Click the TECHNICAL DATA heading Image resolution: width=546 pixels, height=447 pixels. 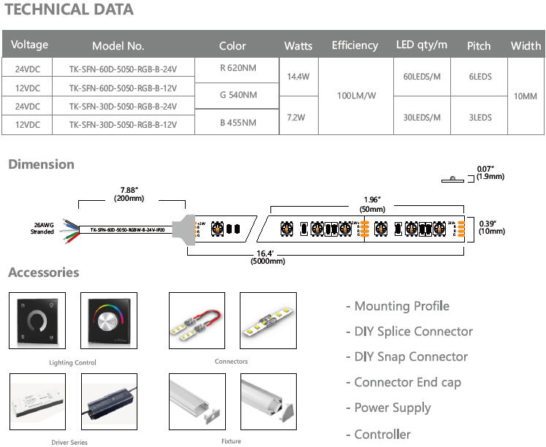pyautogui.click(x=69, y=10)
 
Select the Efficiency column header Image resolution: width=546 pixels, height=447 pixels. pyautogui.click(x=354, y=45)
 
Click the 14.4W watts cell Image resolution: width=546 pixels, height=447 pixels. pyautogui.click(x=298, y=77)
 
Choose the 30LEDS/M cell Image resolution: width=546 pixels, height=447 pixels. pyautogui.click(x=421, y=117)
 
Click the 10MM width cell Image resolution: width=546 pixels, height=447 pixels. pyautogui.click(x=526, y=96)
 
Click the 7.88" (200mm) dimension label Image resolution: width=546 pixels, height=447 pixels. pyautogui.click(x=123, y=195)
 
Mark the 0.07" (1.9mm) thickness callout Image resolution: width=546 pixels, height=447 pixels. pyautogui.click(x=490, y=173)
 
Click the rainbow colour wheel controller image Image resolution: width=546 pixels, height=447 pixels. pyautogui.click(x=109, y=321)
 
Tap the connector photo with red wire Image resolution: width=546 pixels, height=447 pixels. pyautogui.click(x=197, y=322)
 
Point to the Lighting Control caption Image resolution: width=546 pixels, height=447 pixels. pyautogui.click(x=72, y=363)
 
